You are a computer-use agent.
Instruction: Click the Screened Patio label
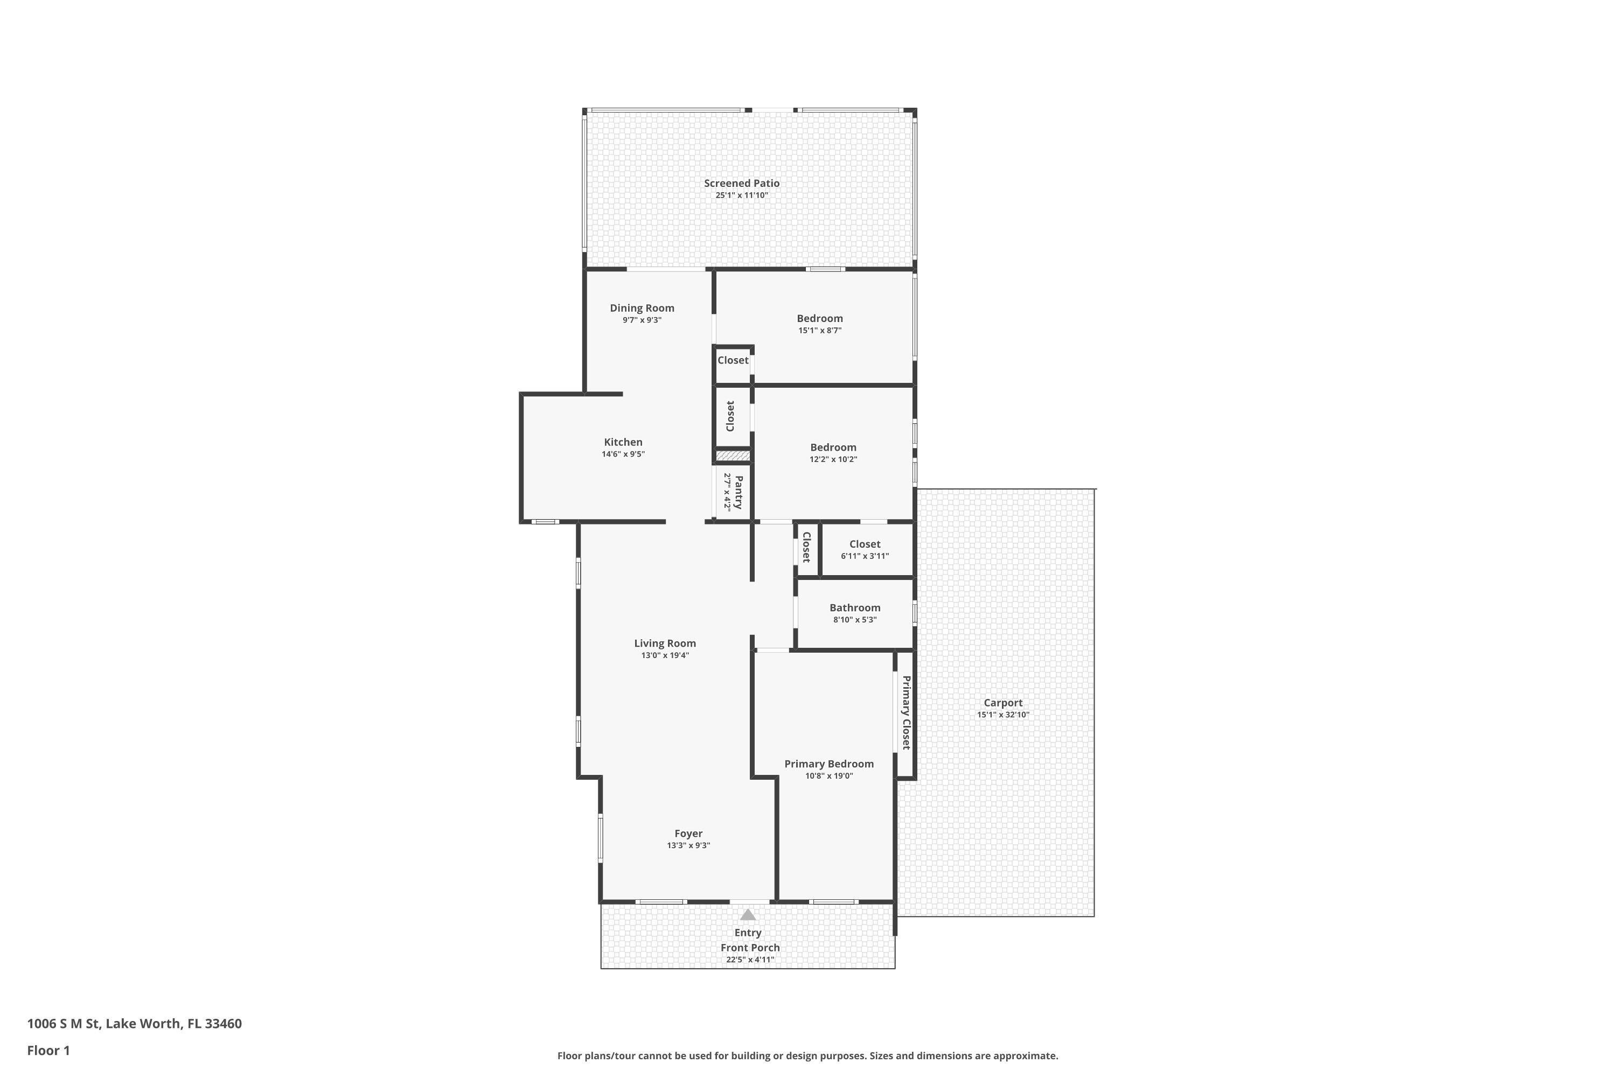tap(741, 184)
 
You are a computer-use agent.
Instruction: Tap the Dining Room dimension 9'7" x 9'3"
tap(642, 320)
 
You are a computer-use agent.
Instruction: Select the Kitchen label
tap(623, 442)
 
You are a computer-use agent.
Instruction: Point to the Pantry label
tap(739, 492)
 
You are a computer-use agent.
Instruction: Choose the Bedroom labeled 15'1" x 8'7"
tap(820, 319)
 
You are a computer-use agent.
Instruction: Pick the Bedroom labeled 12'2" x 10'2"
tap(833, 448)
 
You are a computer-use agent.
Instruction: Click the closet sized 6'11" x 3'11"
tap(865, 544)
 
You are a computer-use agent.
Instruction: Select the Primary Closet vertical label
tap(906, 712)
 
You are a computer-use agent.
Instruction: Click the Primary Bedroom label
tap(828, 764)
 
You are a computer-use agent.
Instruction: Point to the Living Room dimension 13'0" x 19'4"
tap(664, 655)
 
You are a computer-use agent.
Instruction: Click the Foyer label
tap(688, 834)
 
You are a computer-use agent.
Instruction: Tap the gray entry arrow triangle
tap(748, 915)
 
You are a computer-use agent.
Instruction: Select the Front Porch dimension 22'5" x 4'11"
tap(750, 960)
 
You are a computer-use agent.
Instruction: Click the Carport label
tap(1002, 703)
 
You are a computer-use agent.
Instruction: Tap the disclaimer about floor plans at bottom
tap(807, 1055)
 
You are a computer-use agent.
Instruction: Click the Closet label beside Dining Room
tap(733, 361)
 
